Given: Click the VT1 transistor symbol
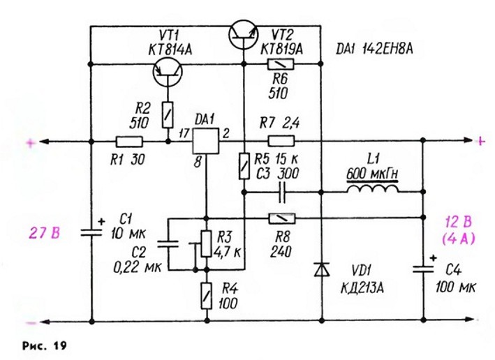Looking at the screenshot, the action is pos(168,72).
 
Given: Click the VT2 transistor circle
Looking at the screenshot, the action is pos(243,35).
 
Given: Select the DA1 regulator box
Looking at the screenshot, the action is pos(206,141).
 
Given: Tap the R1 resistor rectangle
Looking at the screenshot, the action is pos(129,142).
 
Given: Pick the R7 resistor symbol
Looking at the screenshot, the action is pos(281,141).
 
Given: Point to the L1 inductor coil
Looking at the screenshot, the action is pos(373,188).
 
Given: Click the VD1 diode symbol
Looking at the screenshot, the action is pos(322,269).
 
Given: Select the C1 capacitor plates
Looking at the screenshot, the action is pos(91,233).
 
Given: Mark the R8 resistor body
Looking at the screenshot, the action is pos(281,218).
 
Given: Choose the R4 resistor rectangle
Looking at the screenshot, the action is pos(207,296).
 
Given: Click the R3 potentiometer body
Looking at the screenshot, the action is pos(206,243).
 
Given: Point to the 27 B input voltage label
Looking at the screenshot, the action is pos(45,234).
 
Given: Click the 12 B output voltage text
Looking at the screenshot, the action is pos(458,222).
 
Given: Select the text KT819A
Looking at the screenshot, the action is pos(281,49).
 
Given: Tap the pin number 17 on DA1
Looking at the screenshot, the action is pos(184,134).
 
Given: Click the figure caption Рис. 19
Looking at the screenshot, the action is pos(45,345).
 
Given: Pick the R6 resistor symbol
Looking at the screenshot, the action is pos(281,64).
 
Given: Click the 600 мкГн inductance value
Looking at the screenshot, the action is pos(373,174).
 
